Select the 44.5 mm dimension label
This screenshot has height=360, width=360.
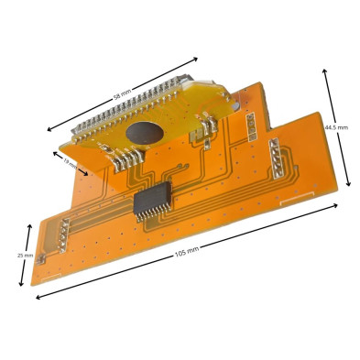point(336,127)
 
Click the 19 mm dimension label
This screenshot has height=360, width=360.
point(71,164)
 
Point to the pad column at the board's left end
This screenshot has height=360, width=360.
point(60,233)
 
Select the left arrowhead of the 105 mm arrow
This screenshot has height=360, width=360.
point(38,295)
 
